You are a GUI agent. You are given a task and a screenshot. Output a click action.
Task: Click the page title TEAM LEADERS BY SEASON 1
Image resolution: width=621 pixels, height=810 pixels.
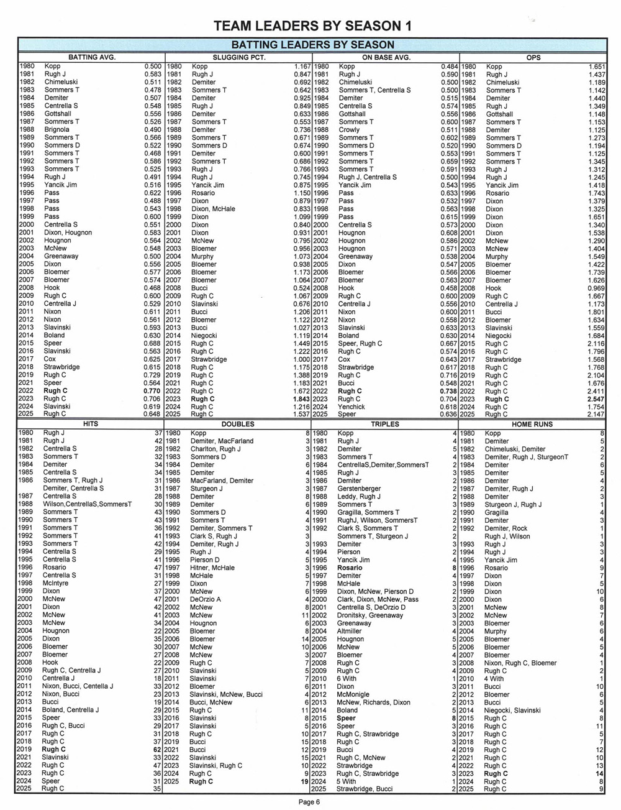click(312, 26)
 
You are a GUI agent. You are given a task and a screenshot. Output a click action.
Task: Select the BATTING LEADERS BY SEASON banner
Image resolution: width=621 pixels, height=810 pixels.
click(312, 45)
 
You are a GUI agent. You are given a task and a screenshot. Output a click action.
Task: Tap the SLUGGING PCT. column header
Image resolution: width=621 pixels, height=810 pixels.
click(238, 57)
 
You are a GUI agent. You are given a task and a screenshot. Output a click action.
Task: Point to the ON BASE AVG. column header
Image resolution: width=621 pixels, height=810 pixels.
click(386, 57)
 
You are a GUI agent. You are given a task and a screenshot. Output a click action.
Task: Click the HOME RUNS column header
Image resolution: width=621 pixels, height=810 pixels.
click(532, 424)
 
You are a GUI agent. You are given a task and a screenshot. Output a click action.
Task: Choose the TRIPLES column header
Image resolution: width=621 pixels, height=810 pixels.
click(385, 424)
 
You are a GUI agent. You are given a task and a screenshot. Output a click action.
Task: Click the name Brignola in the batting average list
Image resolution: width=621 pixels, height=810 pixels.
click(57, 130)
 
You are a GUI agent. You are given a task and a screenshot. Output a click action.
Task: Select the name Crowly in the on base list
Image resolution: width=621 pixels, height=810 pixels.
click(349, 130)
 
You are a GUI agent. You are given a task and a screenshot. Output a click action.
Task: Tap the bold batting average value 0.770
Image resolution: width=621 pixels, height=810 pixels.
click(153, 391)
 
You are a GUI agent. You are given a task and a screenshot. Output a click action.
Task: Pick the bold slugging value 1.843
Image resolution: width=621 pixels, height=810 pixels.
click(301, 399)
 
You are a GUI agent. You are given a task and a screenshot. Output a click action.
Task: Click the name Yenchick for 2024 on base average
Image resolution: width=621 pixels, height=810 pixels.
click(351, 407)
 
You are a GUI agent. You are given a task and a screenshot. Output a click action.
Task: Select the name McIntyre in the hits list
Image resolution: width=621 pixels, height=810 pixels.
click(55, 583)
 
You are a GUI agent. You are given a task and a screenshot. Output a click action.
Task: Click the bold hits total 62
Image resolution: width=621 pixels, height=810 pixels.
click(157, 749)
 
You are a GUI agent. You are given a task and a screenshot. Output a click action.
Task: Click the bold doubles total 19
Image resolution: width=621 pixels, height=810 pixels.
click(304, 781)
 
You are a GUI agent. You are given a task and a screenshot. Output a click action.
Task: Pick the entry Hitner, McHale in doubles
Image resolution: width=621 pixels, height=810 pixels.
click(212, 568)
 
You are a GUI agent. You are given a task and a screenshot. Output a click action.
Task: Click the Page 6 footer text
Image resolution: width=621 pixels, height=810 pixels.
click(309, 802)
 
